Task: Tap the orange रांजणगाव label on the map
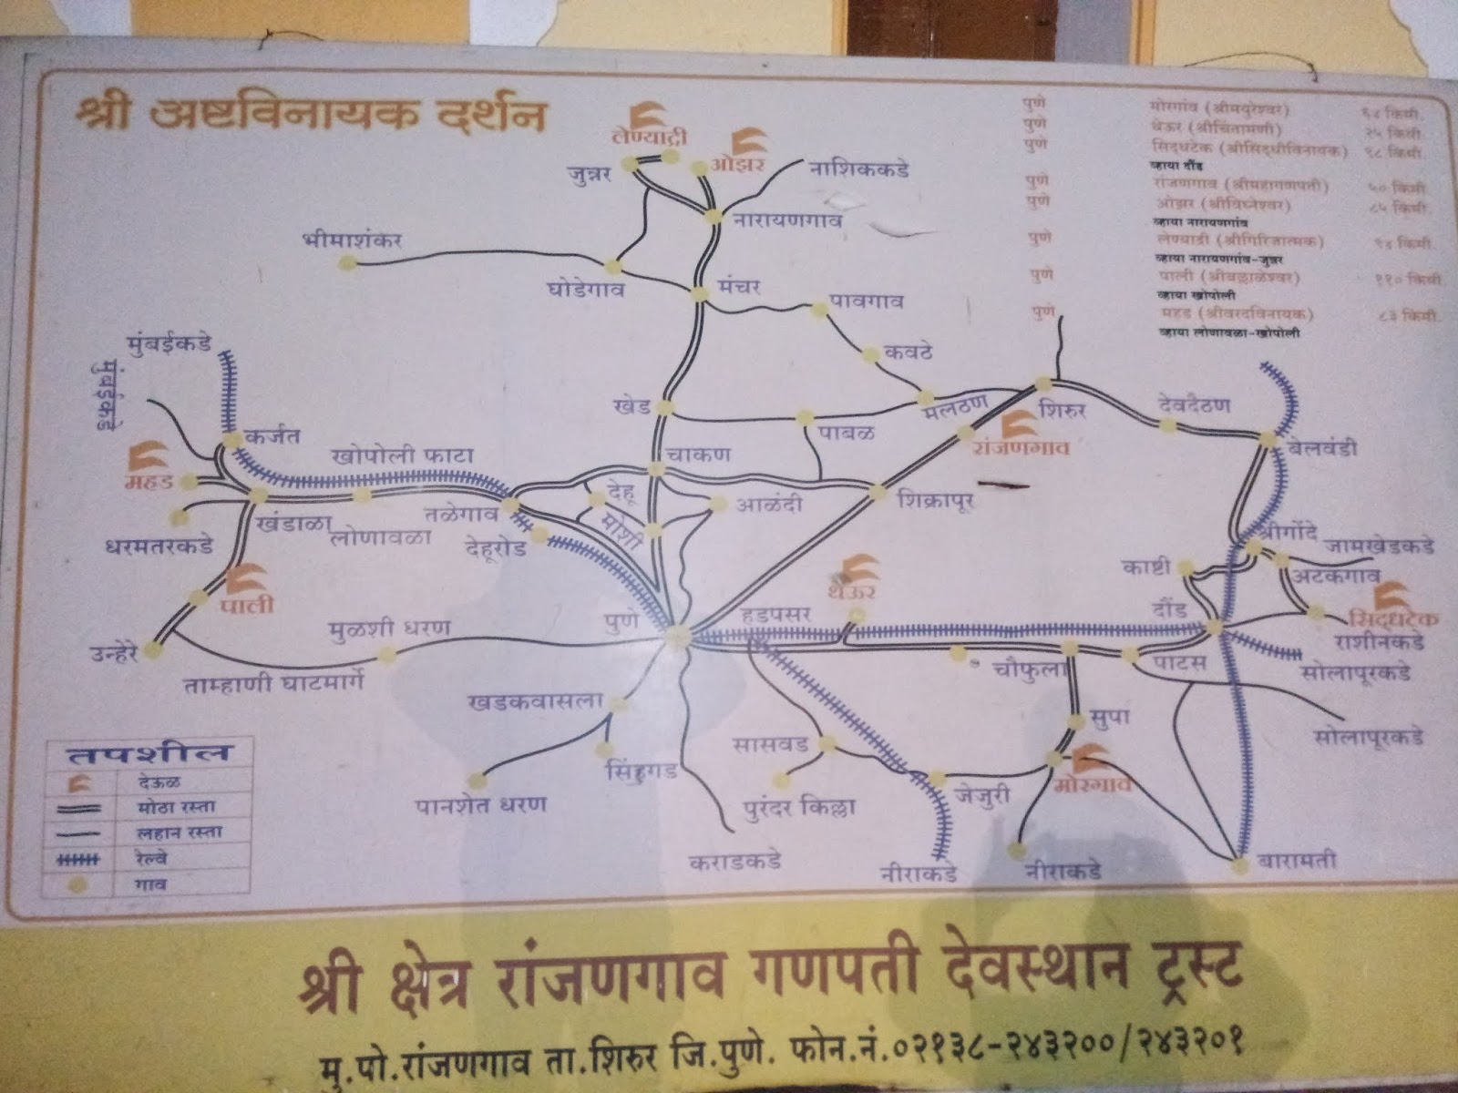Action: click(x=1022, y=448)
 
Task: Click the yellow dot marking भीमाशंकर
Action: click(x=345, y=264)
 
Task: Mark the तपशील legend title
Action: click(x=149, y=753)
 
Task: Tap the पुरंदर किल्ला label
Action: click(x=799, y=808)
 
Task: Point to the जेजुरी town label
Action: click(x=981, y=794)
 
